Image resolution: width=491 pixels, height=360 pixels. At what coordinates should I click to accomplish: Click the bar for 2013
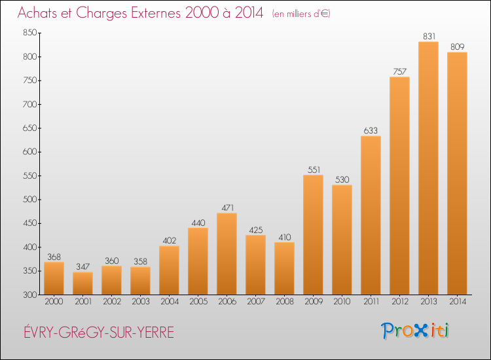pyautogui.click(x=428, y=168)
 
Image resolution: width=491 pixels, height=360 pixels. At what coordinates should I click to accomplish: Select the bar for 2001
pyautogui.click(x=82, y=283)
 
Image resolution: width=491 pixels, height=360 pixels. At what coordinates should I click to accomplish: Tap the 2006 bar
pyautogui.click(x=227, y=254)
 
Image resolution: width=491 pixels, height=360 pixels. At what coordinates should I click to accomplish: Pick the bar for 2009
pyautogui.click(x=313, y=235)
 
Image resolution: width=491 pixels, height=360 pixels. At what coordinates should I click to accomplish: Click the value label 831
pyautogui.click(x=429, y=36)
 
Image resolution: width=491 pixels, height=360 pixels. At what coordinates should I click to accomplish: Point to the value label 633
pyautogui.click(x=371, y=130)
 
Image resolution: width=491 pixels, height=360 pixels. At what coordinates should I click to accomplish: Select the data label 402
pyautogui.click(x=170, y=240)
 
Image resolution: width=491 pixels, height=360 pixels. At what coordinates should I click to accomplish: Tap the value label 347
pyautogui.click(x=82, y=266)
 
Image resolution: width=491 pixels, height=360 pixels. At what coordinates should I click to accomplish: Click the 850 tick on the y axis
pyautogui.click(x=29, y=33)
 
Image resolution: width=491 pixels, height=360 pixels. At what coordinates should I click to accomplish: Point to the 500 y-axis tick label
pyautogui.click(x=29, y=200)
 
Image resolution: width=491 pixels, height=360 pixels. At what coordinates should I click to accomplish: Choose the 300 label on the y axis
pyautogui.click(x=29, y=295)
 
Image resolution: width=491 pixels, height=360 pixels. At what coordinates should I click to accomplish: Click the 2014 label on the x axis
pyautogui.click(x=458, y=302)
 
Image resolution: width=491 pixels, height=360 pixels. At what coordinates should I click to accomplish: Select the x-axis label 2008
pyautogui.click(x=285, y=302)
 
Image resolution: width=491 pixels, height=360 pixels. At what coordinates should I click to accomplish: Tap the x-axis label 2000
pyautogui.click(x=54, y=302)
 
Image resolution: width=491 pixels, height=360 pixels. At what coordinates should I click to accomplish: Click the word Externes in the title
pyautogui.click(x=156, y=13)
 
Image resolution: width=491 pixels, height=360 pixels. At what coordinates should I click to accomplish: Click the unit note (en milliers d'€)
pyautogui.click(x=301, y=14)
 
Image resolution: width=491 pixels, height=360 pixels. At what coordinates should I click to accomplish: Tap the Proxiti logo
pyautogui.click(x=414, y=331)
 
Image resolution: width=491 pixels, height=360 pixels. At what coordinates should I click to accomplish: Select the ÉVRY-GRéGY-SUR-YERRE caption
pyautogui.click(x=99, y=332)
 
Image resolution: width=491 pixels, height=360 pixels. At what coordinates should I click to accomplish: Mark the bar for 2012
pyautogui.click(x=399, y=186)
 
